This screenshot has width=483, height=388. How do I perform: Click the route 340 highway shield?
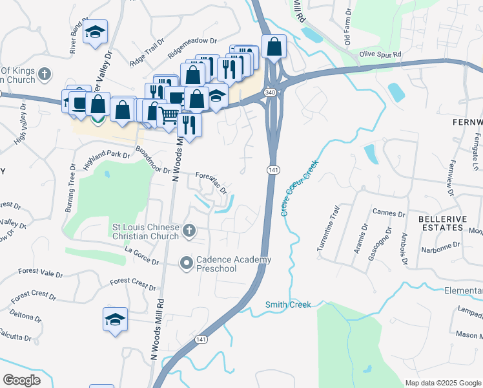tap(271, 93)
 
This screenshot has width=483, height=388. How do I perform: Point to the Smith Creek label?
tap(288, 305)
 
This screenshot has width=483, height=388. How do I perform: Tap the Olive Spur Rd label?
tap(380, 54)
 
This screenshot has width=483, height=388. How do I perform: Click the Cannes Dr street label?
tap(389, 213)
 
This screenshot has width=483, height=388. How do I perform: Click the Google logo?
tap(21, 380)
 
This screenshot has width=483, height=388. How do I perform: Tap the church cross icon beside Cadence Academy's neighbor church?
tap(189, 230)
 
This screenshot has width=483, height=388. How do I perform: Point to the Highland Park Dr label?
tap(107, 160)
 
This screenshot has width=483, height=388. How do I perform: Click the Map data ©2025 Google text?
tap(442, 383)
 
